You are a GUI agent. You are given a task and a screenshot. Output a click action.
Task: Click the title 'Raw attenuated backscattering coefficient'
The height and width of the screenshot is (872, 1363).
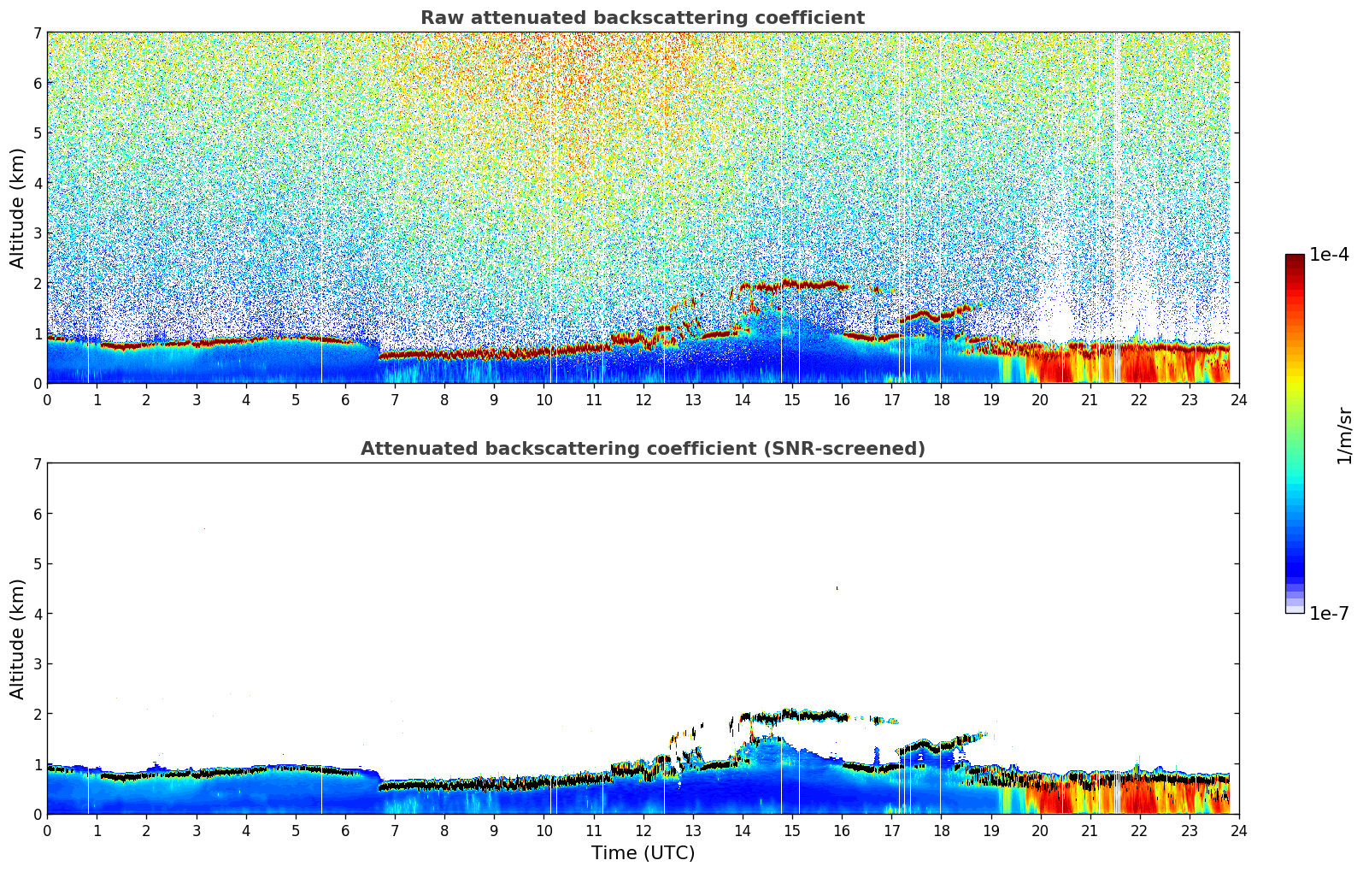(642, 18)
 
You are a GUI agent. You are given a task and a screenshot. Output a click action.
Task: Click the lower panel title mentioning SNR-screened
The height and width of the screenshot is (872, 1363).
(642, 449)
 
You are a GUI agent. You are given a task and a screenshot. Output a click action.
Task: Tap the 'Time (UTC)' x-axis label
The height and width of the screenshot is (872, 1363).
(643, 853)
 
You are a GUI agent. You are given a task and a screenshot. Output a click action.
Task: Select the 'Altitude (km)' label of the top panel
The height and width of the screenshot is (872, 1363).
(17, 208)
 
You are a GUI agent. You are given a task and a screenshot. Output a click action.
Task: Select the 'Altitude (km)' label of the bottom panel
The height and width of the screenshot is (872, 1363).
(17, 639)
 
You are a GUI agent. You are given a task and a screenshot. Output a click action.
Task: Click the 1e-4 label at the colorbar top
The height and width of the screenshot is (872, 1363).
(1329, 255)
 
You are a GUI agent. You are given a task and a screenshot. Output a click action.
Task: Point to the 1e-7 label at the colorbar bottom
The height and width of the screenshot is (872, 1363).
(1329, 614)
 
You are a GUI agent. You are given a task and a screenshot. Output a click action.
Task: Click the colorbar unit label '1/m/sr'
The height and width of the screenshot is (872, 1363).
(1344, 435)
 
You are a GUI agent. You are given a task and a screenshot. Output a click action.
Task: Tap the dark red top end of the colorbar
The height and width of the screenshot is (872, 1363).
(1295, 258)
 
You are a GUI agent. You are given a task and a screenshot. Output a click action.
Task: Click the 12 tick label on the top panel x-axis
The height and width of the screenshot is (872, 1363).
(643, 400)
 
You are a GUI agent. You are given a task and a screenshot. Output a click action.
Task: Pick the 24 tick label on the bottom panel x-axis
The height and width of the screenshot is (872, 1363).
(1238, 831)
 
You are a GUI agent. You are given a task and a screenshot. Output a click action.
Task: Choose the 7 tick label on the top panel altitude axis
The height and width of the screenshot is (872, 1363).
(37, 33)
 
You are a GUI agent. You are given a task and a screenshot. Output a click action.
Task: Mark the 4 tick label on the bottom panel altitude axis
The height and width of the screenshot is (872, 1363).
(37, 614)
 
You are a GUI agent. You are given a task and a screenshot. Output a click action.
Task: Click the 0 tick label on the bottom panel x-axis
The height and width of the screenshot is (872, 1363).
(47, 831)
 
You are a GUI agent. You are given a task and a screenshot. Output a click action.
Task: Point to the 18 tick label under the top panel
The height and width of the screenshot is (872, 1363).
(941, 400)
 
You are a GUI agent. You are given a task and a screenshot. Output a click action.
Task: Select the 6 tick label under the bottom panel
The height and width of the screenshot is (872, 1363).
(345, 831)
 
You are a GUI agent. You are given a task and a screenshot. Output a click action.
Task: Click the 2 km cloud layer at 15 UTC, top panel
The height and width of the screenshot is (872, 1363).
(792, 284)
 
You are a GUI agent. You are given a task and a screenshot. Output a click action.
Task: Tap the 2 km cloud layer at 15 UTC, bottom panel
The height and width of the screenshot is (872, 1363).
(792, 714)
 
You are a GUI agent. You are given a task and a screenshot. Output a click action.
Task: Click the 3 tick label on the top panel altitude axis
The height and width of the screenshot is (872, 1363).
(37, 233)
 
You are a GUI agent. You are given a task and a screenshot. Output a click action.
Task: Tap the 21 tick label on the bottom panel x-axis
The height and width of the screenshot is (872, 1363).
(1090, 831)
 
